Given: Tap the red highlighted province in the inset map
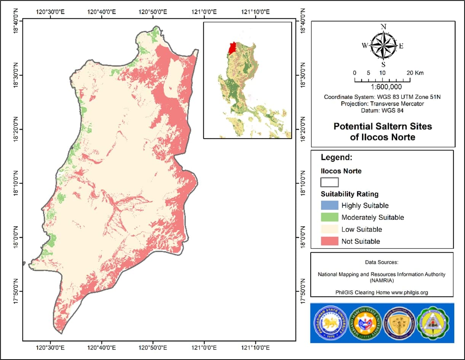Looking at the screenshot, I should [232, 48].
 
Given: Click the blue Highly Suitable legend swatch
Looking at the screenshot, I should [329, 205].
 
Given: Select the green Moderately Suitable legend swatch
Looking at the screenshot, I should [329, 218].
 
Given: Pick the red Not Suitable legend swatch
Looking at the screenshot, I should [329, 241].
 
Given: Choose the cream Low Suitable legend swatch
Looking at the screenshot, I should [329, 229].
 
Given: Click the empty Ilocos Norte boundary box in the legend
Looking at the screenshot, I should [329, 182].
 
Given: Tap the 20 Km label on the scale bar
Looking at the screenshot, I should [415, 73].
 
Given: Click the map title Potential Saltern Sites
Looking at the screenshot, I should [383, 126].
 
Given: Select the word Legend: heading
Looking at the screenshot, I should [337, 157].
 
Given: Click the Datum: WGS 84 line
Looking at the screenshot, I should [382, 111].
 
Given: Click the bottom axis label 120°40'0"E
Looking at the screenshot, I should [101, 347].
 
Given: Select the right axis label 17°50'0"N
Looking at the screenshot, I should [304, 292].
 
